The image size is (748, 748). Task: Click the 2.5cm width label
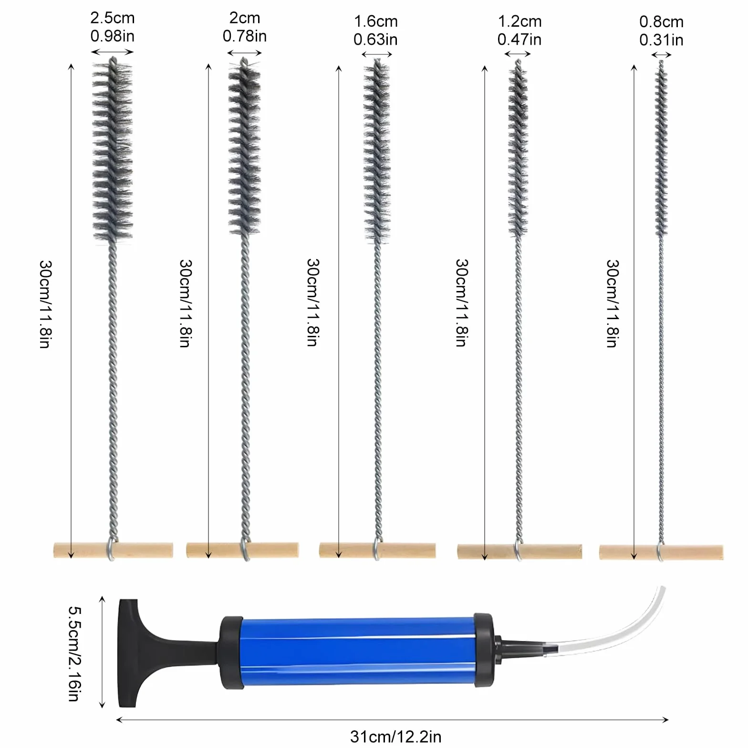point(113,18)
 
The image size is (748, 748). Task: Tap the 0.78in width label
point(245,36)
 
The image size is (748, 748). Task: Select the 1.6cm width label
point(376,21)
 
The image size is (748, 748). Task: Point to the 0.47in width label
point(519,40)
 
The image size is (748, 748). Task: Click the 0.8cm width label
point(661,22)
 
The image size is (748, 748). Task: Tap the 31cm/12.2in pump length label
point(395,736)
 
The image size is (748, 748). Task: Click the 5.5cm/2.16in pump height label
point(73,653)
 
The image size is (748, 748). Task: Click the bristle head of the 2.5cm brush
point(112,150)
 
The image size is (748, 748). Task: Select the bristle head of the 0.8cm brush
point(661,148)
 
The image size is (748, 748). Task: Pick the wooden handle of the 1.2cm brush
point(519,551)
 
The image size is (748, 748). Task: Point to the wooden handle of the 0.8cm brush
point(661,552)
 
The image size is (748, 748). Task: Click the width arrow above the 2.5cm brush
point(112,52)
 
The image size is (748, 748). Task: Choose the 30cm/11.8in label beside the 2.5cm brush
point(45,304)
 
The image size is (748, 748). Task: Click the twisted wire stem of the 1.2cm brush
point(519,389)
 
